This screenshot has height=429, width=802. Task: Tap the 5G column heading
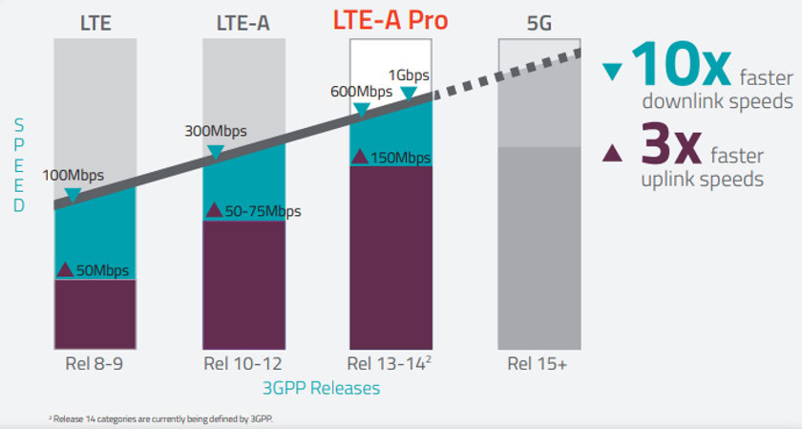[539, 21]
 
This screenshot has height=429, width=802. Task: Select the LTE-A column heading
[243, 21]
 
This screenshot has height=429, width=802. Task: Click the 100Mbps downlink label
[74, 176]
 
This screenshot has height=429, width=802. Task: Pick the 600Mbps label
[361, 92]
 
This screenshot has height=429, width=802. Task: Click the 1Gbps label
[409, 75]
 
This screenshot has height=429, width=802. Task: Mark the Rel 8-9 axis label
[95, 364]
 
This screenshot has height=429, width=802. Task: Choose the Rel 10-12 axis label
[243, 364]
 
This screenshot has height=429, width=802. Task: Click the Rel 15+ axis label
[539, 364]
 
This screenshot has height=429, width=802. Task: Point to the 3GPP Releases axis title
[321, 388]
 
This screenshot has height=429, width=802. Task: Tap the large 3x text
[665, 149]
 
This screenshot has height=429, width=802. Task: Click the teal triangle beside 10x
[613, 71]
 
